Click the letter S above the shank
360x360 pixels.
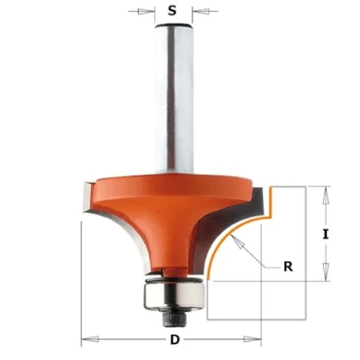tap(172, 11)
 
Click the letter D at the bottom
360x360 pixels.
tap(175, 339)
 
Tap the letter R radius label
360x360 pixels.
tap(288, 266)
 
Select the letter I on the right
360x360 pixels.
tap(326, 234)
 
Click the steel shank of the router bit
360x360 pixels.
tap(174, 99)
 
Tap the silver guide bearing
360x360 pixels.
tap(174, 295)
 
